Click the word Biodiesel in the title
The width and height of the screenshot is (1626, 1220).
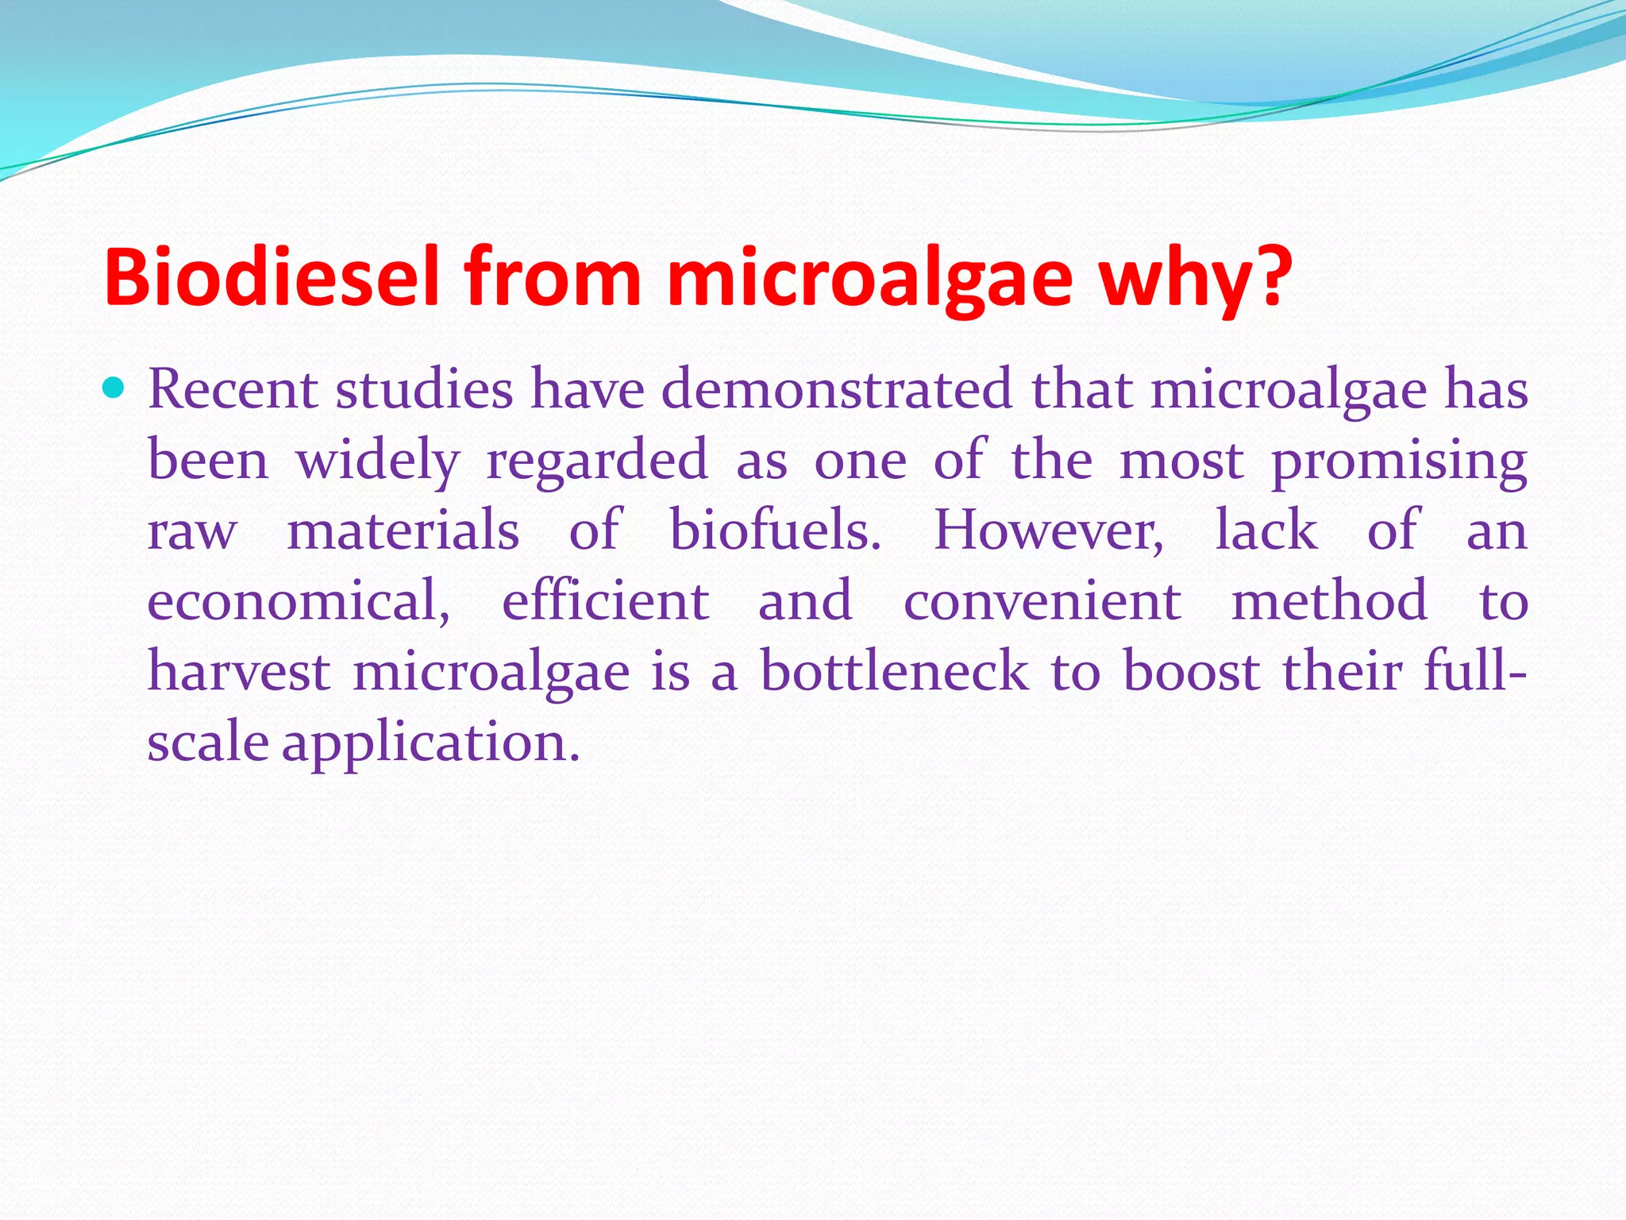pyautogui.click(x=271, y=277)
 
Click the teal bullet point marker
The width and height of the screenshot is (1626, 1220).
pyautogui.click(x=115, y=388)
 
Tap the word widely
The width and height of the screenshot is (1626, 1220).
pyautogui.click(x=378, y=461)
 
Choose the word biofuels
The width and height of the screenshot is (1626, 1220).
pyautogui.click(x=775, y=530)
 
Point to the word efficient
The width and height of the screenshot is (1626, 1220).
pyautogui.click(x=605, y=600)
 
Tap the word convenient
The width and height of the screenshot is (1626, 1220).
pyautogui.click(x=1042, y=600)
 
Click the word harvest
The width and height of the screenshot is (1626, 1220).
pyautogui.click(x=239, y=671)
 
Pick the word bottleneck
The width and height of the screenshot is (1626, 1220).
pyautogui.click(x=894, y=671)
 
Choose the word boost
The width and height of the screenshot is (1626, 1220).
pyautogui.click(x=1191, y=671)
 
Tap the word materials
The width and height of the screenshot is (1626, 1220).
pyautogui.click(x=403, y=530)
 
